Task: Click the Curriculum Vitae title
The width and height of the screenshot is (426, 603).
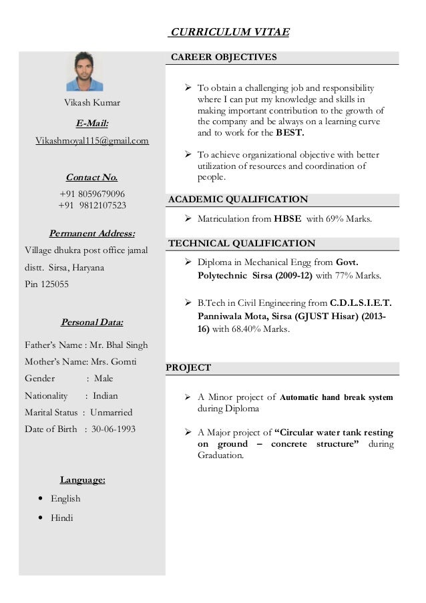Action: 230,32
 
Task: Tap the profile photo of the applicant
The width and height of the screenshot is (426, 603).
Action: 85,71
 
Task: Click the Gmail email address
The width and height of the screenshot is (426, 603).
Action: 92,141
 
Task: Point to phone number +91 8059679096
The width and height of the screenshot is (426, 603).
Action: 92,194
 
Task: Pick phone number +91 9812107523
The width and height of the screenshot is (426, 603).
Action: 92,205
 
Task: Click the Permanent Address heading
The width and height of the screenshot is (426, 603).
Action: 92,234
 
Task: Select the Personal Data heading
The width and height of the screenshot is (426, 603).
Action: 92,323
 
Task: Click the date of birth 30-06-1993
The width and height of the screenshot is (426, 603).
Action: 110,429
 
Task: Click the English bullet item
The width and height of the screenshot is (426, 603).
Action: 65,498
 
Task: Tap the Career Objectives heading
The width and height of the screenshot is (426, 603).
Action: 224,57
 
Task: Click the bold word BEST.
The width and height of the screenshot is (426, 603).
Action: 290,133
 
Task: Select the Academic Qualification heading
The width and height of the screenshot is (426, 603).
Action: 238,200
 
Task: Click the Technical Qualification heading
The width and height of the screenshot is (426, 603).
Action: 242,244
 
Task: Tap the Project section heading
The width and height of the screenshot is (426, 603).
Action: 188,368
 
